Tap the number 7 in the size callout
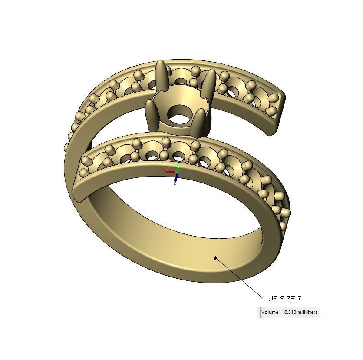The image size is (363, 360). [299, 299]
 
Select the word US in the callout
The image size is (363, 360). [273, 299]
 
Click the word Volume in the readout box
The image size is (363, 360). [270, 312]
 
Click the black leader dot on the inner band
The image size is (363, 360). [215, 258]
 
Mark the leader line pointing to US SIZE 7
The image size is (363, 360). [239, 277]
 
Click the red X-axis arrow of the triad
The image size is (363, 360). [168, 171]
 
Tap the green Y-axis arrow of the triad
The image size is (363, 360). [178, 166]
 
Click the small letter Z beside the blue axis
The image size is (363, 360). [175, 183]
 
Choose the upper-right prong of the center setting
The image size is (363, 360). [210, 83]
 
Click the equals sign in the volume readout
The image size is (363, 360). [280, 312]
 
